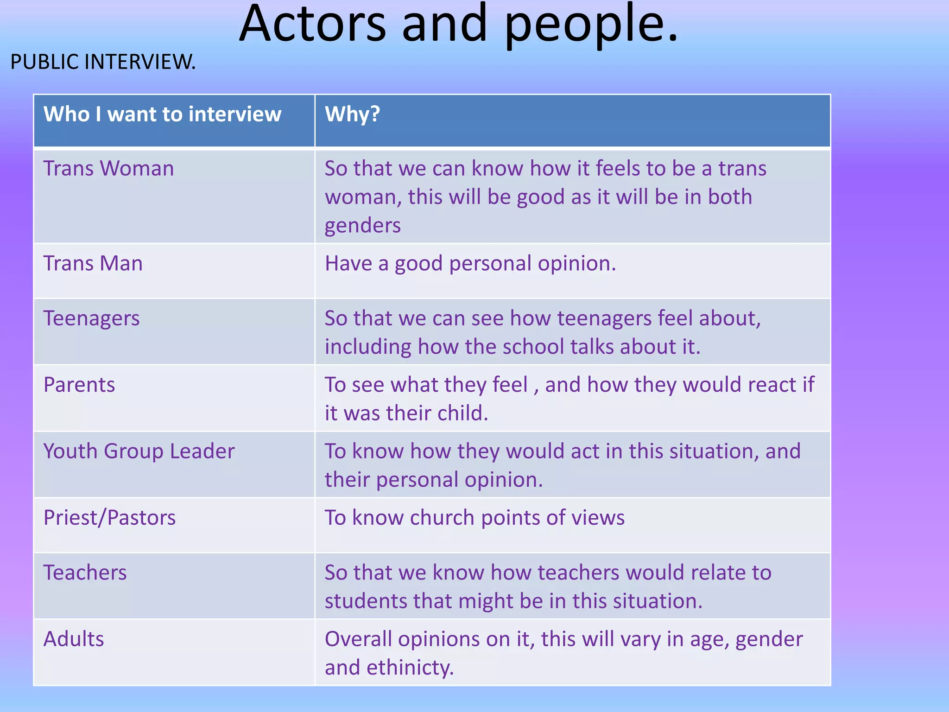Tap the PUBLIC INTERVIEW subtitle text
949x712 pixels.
103,62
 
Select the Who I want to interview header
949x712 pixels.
162,114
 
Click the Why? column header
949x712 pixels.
352,114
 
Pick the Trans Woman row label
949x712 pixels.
108,168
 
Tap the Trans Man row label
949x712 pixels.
93,263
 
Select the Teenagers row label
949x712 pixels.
91,319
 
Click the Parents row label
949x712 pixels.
79,385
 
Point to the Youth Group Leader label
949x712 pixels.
139,451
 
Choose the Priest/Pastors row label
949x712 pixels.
109,518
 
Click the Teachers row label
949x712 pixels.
85,572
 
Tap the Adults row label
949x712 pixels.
74,639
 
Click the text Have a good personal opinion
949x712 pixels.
470,264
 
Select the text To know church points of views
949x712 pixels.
474,518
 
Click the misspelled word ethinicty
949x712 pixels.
410,668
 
